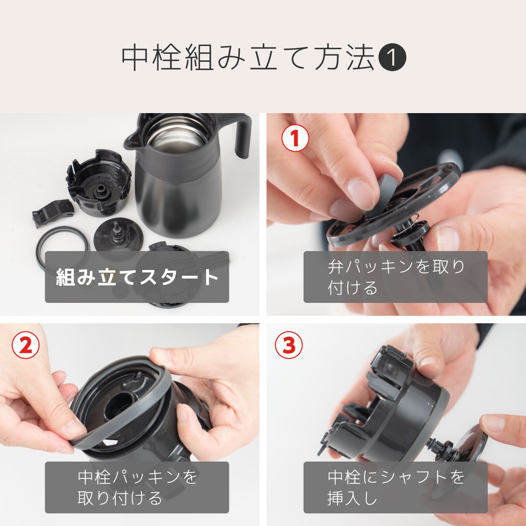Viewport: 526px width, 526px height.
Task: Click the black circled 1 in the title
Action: (392, 58)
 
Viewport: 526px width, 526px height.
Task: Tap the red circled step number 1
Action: (295, 138)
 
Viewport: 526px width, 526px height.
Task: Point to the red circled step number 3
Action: (288, 345)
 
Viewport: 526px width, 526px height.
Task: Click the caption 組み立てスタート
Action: (137, 277)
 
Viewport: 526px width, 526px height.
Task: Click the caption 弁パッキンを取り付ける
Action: (395, 277)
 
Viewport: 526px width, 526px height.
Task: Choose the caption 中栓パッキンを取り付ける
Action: (137, 487)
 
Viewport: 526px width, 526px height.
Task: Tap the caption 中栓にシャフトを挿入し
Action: (395, 487)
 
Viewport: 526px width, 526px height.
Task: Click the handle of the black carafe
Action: (242, 136)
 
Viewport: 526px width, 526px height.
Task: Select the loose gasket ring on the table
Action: (61, 245)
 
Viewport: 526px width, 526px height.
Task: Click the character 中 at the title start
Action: (135, 58)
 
